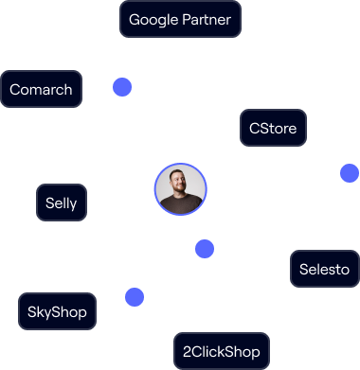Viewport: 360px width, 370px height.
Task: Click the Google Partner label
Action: [181, 19]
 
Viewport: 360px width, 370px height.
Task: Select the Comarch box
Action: [42, 90]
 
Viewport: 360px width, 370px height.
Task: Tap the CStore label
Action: [273, 128]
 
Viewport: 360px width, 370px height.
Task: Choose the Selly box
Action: [62, 203]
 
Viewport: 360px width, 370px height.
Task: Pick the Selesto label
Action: [325, 269]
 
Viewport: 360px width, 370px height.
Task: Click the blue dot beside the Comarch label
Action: [122, 87]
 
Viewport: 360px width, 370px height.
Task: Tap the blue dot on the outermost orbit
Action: [350, 173]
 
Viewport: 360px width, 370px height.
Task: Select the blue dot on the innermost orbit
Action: [205, 249]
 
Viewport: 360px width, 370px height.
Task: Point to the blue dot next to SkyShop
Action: [135, 297]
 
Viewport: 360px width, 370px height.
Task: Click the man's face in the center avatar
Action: [180, 185]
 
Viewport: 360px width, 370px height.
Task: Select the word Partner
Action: [209, 19]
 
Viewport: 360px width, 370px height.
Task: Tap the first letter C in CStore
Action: [254, 128]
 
